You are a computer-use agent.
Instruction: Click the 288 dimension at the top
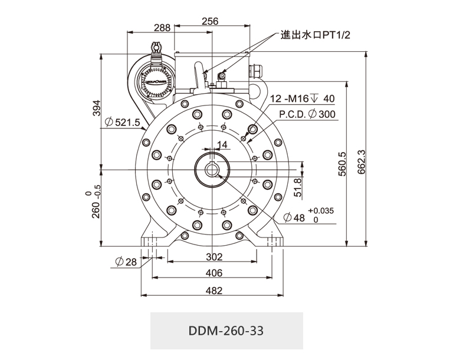[162, 28]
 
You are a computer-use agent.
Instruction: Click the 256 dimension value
[210, 21]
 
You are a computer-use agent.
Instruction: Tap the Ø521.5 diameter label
[122, 123]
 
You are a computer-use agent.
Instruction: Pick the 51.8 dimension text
[298, 187]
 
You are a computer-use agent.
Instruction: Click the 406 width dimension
[214, 273]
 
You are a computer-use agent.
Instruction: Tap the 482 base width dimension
[214, 290]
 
